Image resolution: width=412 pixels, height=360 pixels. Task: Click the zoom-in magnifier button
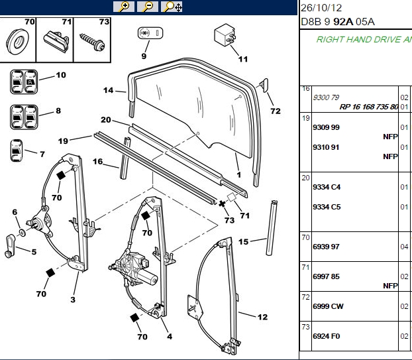[124, 7]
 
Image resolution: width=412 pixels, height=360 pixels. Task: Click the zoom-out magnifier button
[148, 7]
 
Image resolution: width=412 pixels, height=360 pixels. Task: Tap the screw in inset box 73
[92, 42]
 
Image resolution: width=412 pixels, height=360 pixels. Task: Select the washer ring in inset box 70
[18, 42]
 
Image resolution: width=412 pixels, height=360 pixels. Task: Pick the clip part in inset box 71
[56, 42]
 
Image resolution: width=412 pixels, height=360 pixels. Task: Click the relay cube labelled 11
[225, 34]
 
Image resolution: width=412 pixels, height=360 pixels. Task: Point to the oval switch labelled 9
[150, 33]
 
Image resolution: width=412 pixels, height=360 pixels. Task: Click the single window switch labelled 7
[17, 150]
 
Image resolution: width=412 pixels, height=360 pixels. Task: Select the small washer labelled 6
[23, 233]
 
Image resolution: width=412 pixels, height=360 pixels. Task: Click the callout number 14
[108, 90]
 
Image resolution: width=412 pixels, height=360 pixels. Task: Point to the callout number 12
[262, 317]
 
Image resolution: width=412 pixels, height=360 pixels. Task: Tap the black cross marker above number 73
[222, 204]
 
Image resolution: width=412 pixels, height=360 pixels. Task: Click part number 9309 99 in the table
[326, 127]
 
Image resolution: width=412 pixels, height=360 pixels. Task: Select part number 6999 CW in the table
[328, 306]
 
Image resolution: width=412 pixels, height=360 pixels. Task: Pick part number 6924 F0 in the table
[327, 336]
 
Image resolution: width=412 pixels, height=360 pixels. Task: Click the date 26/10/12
[321, 8]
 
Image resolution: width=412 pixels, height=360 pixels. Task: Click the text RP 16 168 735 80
[369, 107]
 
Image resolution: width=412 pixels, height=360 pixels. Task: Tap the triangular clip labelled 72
[264, 86]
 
